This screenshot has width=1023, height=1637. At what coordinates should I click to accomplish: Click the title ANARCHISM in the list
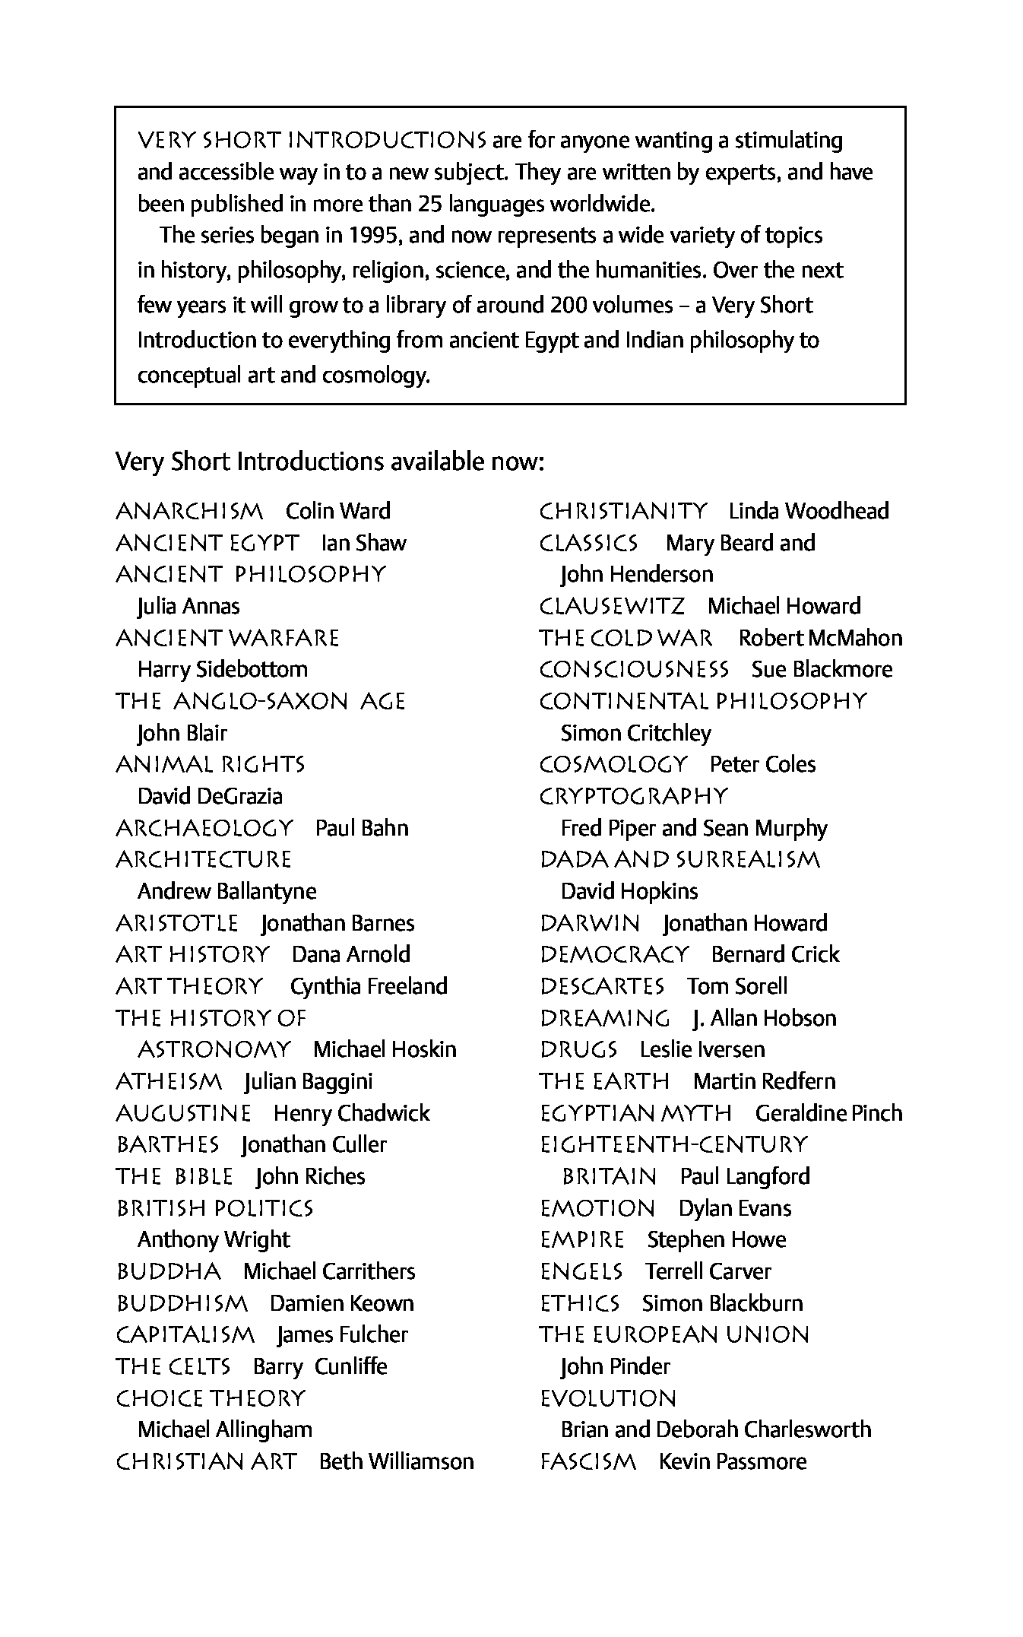(x=189, y=511)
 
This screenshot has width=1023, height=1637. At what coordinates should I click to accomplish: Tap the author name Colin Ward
(x=338, y=511)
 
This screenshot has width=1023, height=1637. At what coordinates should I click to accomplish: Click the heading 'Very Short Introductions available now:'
(x=330, y=462)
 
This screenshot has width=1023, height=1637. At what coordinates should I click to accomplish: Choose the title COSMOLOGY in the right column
(x=613, y=764)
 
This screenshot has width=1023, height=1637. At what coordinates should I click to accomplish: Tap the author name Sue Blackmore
(x=822, y=669)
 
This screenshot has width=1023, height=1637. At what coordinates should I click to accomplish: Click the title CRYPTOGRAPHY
(x=634, y=796)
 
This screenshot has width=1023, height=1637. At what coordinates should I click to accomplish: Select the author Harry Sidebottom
(x=223, y=669)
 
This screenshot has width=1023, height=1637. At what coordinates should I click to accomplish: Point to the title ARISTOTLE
(x=177, y=923)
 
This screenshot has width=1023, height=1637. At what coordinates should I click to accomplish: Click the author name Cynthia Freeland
(x=369, y=986)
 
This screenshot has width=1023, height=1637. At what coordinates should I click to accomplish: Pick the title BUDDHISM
(x=182, y=1303)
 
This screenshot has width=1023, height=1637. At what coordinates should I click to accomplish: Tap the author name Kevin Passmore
(x=732, y=1461)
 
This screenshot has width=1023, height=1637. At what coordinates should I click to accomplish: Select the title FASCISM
(x=588, y=1461)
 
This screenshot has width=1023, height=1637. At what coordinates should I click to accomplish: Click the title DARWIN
(x=590, y=923)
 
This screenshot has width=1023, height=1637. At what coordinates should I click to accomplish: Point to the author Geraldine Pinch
(x=828, y=1113)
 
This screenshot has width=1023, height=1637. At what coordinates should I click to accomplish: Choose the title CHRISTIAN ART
(x=206, y=1461)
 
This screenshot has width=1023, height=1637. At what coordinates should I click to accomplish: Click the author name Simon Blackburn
(x=722, y=1303)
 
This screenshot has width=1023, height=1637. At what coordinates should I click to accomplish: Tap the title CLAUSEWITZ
(x=612, y=606)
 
